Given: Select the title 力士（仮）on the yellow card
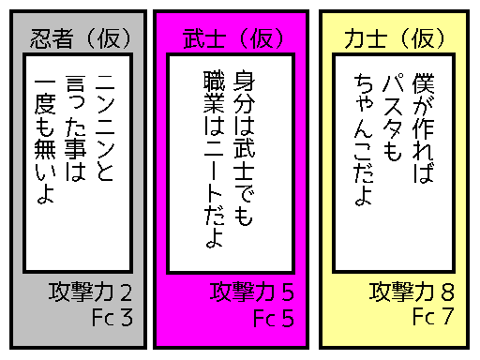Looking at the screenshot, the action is coord(395,39).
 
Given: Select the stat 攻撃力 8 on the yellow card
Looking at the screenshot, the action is coord(412,292).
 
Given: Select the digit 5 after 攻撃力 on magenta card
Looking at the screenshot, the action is coord(289,292).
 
